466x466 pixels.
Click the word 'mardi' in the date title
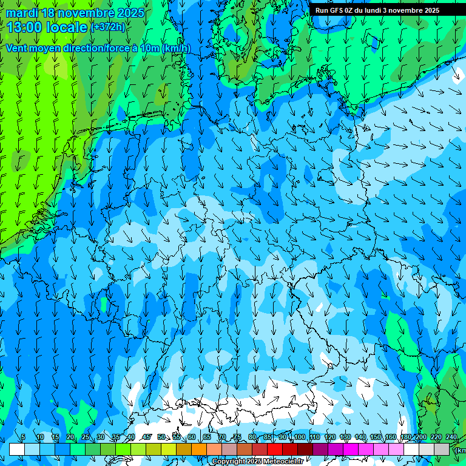point(22,13)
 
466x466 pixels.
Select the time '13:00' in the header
point(26,27)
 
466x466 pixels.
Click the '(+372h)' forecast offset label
point(108,27)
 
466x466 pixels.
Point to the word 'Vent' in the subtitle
point(17,49)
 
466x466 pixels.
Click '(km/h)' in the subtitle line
point(177,49)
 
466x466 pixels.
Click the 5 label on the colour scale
point(23,437)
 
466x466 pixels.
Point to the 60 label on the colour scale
point(192,437)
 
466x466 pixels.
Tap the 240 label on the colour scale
point(451,437)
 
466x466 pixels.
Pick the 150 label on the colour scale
point(376,437)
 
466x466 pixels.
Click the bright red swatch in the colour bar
point(275,449)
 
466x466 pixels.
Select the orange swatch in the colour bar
point(199,449)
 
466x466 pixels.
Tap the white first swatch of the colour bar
point(17,449)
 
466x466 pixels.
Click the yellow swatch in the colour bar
point(169,449)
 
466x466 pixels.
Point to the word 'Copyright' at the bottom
point(229,462)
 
